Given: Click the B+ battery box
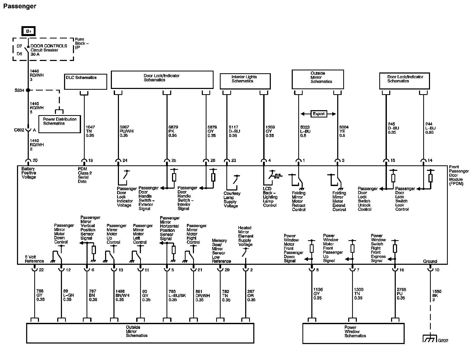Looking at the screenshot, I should click(x=28, y=31).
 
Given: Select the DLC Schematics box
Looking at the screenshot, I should click(x=85, y=81).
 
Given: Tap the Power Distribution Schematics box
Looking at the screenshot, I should click(x=60, y=124).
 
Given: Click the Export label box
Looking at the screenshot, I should click(x=318, y=114).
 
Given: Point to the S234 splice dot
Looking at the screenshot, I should click(x=28, y=90).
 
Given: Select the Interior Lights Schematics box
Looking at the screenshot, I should click(x=245, y=81).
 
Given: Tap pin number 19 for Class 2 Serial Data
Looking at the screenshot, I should click(x=91, y=160).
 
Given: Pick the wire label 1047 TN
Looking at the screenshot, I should click(x=90, y=131).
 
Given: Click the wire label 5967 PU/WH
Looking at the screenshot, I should click(x=127, y=131).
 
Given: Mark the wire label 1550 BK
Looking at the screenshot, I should click(x=437, y=295).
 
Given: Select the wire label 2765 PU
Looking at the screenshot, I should click(x=401, y=294).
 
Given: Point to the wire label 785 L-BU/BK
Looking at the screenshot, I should click(x=177, y=295).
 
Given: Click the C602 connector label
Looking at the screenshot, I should click(x=19, y=130).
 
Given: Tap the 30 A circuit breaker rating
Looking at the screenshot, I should click(x=35, y=54).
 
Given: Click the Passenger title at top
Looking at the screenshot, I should click(x=20, y=6).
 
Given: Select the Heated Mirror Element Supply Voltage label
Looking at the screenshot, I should click(x=245, y=236).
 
